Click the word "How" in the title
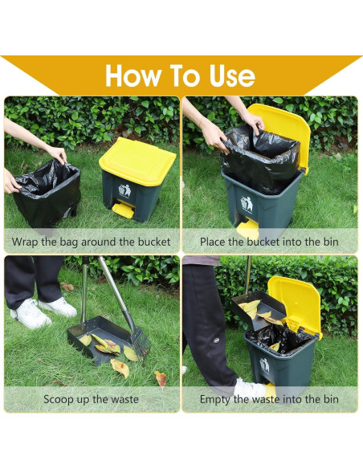pyautogui.click(x=133, y=75)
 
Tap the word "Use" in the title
pyautogui.click(x=232, y=75)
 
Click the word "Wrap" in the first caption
pyautogui.click(x=25, y=242)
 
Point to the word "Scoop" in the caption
pyautogui.click(x=59, y=400)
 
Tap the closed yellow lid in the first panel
pyautogui.click(x=137, y=161)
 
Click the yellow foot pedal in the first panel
pyautogui.click(x=124, y=209)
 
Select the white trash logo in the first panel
pyautogui.click(x=124, y=190)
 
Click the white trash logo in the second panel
pyautogui.click(x=247, y=204)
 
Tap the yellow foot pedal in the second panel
pyautogui.click(x=247, y=230)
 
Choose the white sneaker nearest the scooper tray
pyautogui.click(x=59, y=308)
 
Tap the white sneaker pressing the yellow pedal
pyautogui.click(x=250, y=389)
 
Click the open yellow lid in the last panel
pyautogui.click(x=295, y=306)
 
